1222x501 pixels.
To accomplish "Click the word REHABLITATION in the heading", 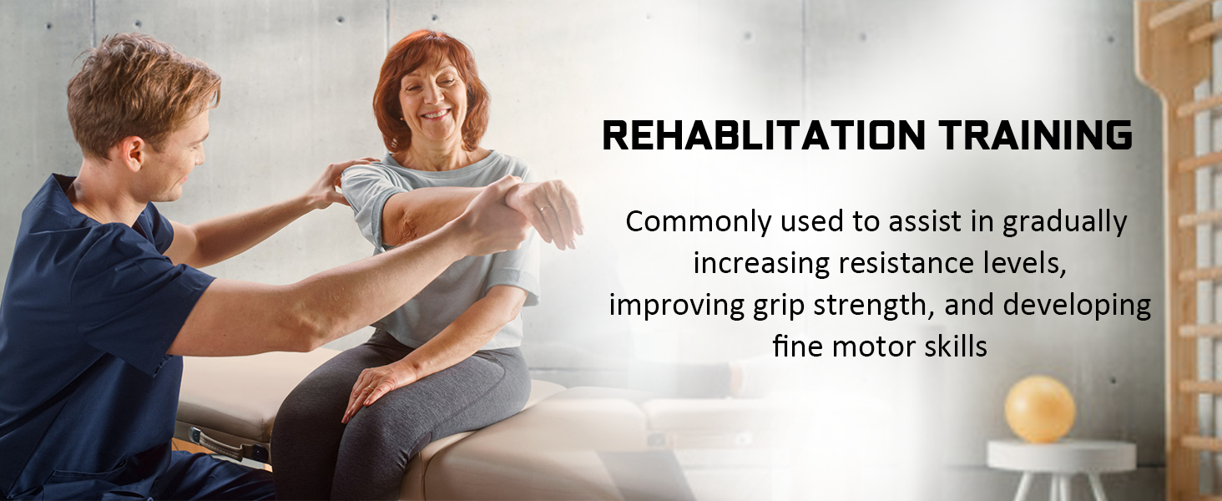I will click(763, 136).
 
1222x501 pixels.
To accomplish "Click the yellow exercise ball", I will click(1039, 408).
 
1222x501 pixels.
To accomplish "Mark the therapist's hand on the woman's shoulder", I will click(334, 184).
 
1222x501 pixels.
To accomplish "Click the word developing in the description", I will click(1077, 306).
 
